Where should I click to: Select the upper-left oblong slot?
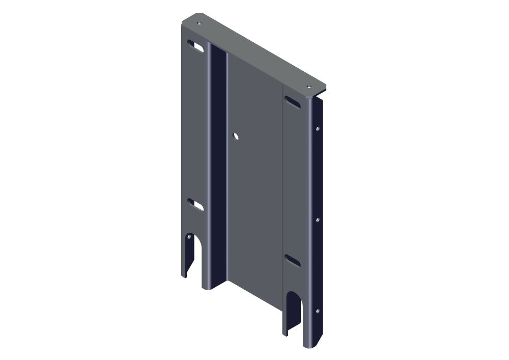195,46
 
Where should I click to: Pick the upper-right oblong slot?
292,101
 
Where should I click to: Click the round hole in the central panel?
235,136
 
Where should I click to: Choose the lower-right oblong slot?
292,260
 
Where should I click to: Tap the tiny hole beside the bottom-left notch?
189,237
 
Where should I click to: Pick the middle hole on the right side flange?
318,220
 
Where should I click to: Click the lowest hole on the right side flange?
318,310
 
